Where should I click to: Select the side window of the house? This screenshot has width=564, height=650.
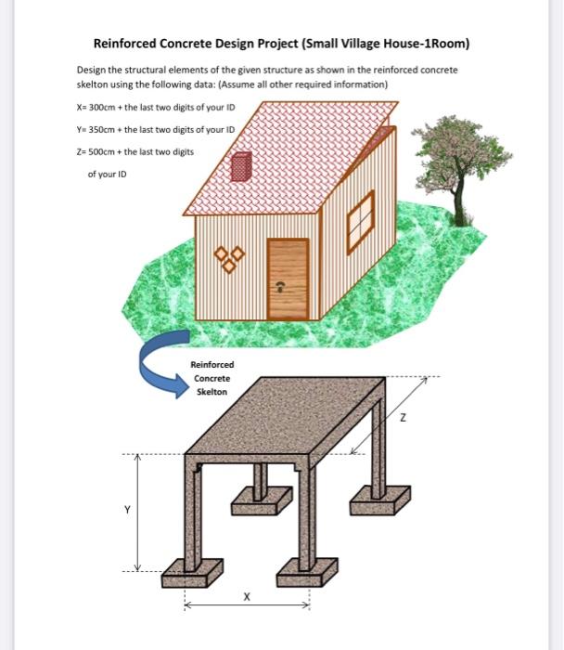[x=360, y=222]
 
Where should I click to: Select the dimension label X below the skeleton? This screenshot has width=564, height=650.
[x=246, y=596]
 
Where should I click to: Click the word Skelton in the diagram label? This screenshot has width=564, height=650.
[x=211, y=392]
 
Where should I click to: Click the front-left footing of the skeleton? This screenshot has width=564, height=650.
[x=192, y=573]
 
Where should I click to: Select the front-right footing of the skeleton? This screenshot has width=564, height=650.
[x=302, y=568]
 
